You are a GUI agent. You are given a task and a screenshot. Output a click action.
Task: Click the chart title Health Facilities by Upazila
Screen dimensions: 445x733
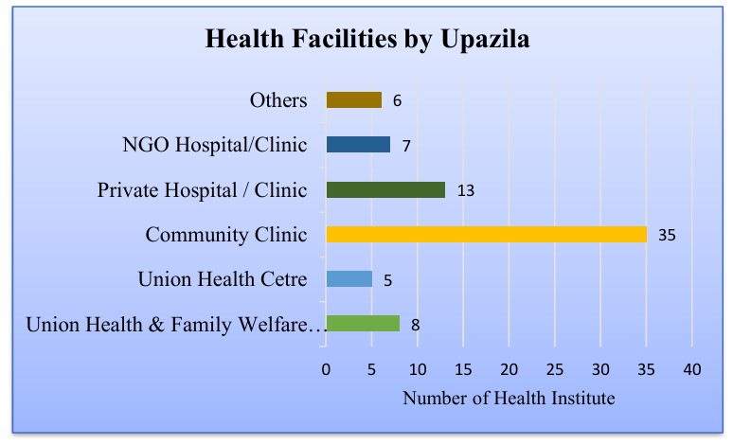367,40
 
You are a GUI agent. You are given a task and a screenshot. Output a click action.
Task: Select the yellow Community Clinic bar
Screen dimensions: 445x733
486,234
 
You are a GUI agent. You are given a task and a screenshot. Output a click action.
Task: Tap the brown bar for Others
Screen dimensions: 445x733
353,99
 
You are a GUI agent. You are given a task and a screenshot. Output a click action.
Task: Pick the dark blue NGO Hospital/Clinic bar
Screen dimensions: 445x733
358,145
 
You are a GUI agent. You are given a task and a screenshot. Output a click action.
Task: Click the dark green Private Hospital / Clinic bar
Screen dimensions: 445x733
385,189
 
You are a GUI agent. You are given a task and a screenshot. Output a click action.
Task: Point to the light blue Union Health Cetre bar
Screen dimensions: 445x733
349,278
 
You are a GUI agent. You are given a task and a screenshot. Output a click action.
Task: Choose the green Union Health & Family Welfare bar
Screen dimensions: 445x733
363,324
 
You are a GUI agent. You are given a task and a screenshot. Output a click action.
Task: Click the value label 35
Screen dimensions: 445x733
667,235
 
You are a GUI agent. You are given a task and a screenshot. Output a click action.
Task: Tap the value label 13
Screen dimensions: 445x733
465,190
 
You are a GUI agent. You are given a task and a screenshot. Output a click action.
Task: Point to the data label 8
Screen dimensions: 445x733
415,325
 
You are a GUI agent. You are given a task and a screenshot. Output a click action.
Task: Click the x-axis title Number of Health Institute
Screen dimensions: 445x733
509,399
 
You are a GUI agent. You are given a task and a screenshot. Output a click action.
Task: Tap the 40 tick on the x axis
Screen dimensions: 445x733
691,368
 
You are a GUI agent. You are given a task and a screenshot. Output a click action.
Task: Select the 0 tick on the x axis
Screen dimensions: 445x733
326,368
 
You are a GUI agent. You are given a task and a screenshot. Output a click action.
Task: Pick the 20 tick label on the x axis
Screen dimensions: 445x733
509,368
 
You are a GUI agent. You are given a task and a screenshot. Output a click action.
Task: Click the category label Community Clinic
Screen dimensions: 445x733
225,235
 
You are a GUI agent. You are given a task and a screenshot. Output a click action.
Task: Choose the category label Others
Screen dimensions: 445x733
278,100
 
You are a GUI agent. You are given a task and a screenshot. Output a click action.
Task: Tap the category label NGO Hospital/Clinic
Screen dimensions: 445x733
215,145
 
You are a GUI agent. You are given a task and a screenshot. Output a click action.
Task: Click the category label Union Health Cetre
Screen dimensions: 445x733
222,279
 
